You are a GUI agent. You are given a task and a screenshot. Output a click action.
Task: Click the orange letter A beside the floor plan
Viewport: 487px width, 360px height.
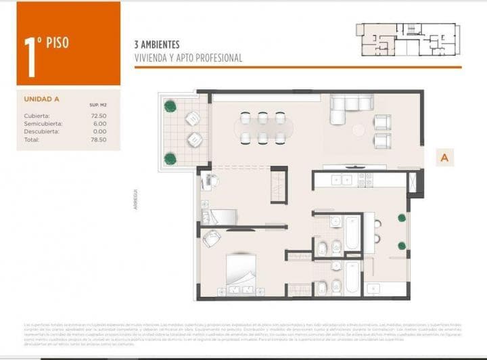click(444, 158)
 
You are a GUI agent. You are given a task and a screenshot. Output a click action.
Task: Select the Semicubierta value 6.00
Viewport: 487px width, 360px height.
click(100, 124)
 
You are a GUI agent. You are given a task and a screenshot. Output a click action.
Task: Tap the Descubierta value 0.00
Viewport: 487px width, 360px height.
click(100, 131)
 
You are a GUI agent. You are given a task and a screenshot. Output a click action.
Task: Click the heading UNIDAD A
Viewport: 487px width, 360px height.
click(41, 99)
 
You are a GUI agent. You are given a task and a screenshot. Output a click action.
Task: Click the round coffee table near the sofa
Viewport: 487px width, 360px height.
click(358, 129)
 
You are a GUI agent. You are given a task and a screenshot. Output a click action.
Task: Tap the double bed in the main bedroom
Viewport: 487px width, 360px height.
click(240, 273)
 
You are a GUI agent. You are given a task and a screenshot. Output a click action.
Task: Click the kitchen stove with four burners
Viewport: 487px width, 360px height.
click(365, 180)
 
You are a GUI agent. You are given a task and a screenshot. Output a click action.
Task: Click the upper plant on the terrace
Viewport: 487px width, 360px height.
click(170, 106)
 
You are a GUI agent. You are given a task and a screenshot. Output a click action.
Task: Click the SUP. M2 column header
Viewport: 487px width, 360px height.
click(98, 106)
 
